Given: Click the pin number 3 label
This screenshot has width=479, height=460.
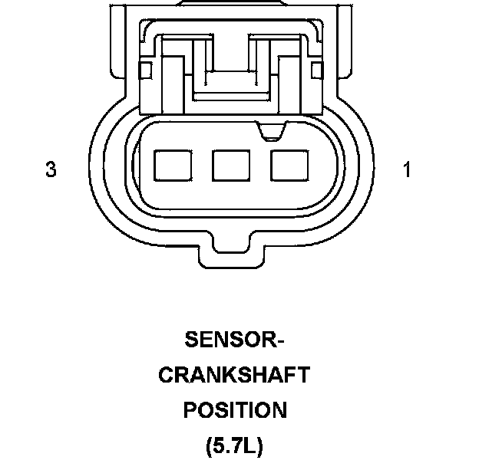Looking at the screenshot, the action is point(51,169).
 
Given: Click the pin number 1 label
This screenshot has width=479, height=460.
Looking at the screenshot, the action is point(407,169).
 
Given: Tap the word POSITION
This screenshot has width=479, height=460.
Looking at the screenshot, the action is point(234,410).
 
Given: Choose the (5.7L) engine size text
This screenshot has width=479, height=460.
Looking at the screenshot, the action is point(234,446).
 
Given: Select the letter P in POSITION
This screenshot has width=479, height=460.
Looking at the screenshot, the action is point(190,410).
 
